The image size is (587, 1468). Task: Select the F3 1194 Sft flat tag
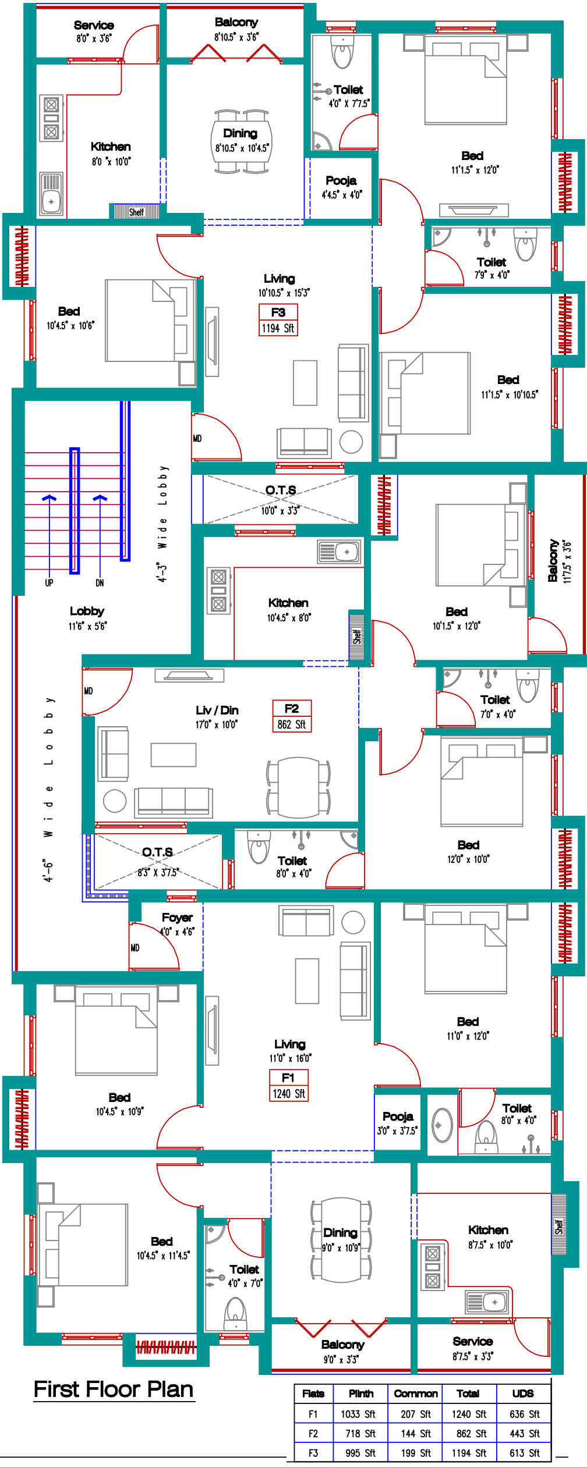click(278, 320)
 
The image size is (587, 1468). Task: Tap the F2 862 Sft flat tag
click(292, 716)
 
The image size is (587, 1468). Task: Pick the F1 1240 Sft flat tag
click(288, 1086)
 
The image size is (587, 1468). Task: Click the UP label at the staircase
click(49, 582)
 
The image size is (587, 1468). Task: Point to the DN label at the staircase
click(100, 582)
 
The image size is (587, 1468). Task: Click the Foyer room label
click(177, 918)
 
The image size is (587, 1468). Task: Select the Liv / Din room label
click(217, 710)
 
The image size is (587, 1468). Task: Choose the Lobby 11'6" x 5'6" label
click(87, 617)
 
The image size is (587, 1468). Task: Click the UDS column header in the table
click(522, 1393)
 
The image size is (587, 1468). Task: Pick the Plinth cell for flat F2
click(360, 1433)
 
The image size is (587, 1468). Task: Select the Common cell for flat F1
click(416, 1414)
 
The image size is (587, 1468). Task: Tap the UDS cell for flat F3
click(525, 1453)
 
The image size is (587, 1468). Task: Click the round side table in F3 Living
click(351, 442)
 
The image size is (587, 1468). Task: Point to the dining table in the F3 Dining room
click(241, 141)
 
